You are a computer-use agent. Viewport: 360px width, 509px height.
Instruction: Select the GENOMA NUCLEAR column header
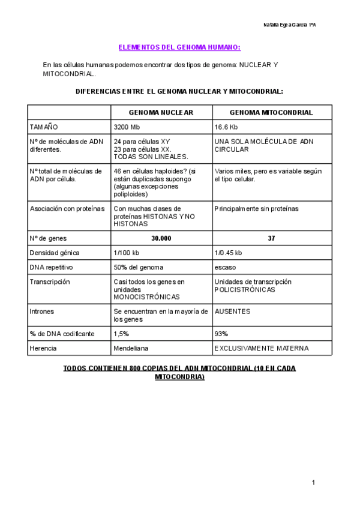pyautogui.click(x=161, y=112)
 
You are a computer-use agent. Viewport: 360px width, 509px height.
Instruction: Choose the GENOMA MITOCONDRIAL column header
pyautogui.click(x=263, y=112)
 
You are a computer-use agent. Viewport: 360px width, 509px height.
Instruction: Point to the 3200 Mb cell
pyautogui.click(x=127, y=127)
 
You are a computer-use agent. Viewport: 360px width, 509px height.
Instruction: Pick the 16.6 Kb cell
pyautogui.click(x=227, y=127)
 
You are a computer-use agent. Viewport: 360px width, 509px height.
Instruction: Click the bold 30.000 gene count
pyautogui.click(x=161, y=238)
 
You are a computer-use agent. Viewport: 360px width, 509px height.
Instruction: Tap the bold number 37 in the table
pyautogui.click(x=271, y=238)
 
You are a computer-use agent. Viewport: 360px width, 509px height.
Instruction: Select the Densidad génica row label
pyautogui.click(x=55, y=253)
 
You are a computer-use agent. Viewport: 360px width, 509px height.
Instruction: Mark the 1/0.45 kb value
pyautogui.click(x=228, y=253)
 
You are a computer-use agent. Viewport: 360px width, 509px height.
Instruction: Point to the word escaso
pyautogui.click(x=225, y=267)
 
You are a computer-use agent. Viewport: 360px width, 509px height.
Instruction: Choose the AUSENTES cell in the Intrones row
pyautogui.click(x=232, y=312)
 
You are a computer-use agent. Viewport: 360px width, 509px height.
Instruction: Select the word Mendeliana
pyautogui.click(x=131, y=348)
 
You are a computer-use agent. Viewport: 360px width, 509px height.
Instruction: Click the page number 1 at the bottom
pyautogui.click(x=313, y=483)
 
